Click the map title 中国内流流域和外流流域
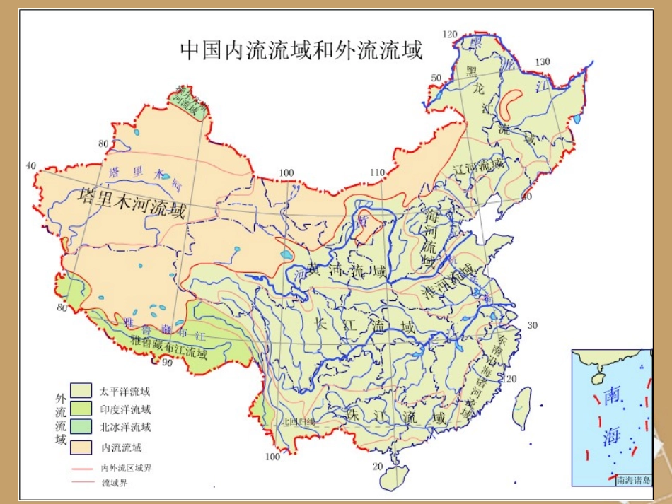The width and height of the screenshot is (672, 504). tap(301, 50)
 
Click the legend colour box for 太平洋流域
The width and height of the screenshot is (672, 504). tap(81, 390)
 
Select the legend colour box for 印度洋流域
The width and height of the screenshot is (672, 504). tap(81, 409)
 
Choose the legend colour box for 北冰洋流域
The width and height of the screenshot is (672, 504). tap(81, 428)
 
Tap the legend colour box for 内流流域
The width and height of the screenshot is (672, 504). tap(81, 447)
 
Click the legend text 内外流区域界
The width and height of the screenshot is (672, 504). tap(127, 468)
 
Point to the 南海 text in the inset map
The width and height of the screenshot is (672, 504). tap(611, 417)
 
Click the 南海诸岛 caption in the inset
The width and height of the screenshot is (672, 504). tap(633, 480)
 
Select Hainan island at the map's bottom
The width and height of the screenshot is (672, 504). tap(394, 477)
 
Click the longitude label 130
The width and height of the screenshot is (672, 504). tap(542, 62)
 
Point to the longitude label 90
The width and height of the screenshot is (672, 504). tap(167, 363)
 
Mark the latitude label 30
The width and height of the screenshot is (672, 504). tap(533, 325)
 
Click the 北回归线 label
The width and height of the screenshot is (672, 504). tap(297, 421)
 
